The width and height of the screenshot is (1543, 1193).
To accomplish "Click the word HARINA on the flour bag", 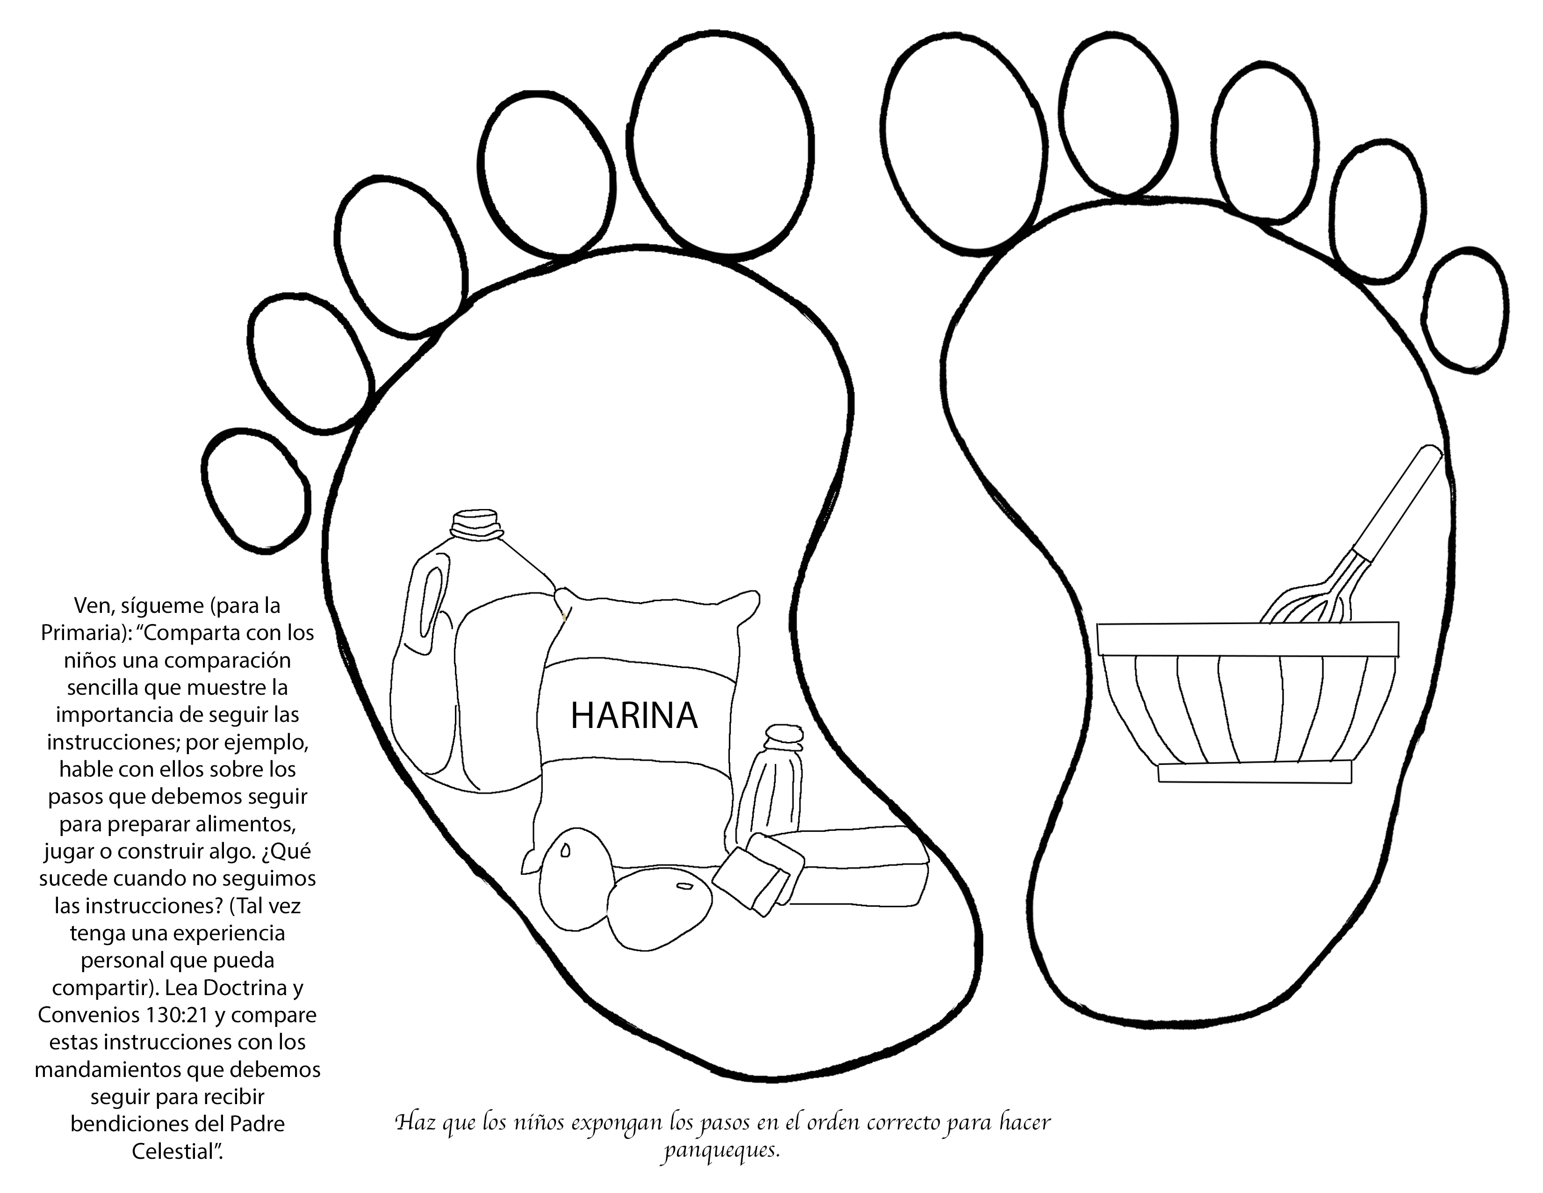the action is pyautogui.click(x=634, y=716).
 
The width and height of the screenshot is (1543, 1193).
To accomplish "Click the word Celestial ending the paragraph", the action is pyautogui.click(x=177, y=1152).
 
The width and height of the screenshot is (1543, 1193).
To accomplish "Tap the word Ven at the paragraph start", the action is pyautogui.click(x=90, y=606).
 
